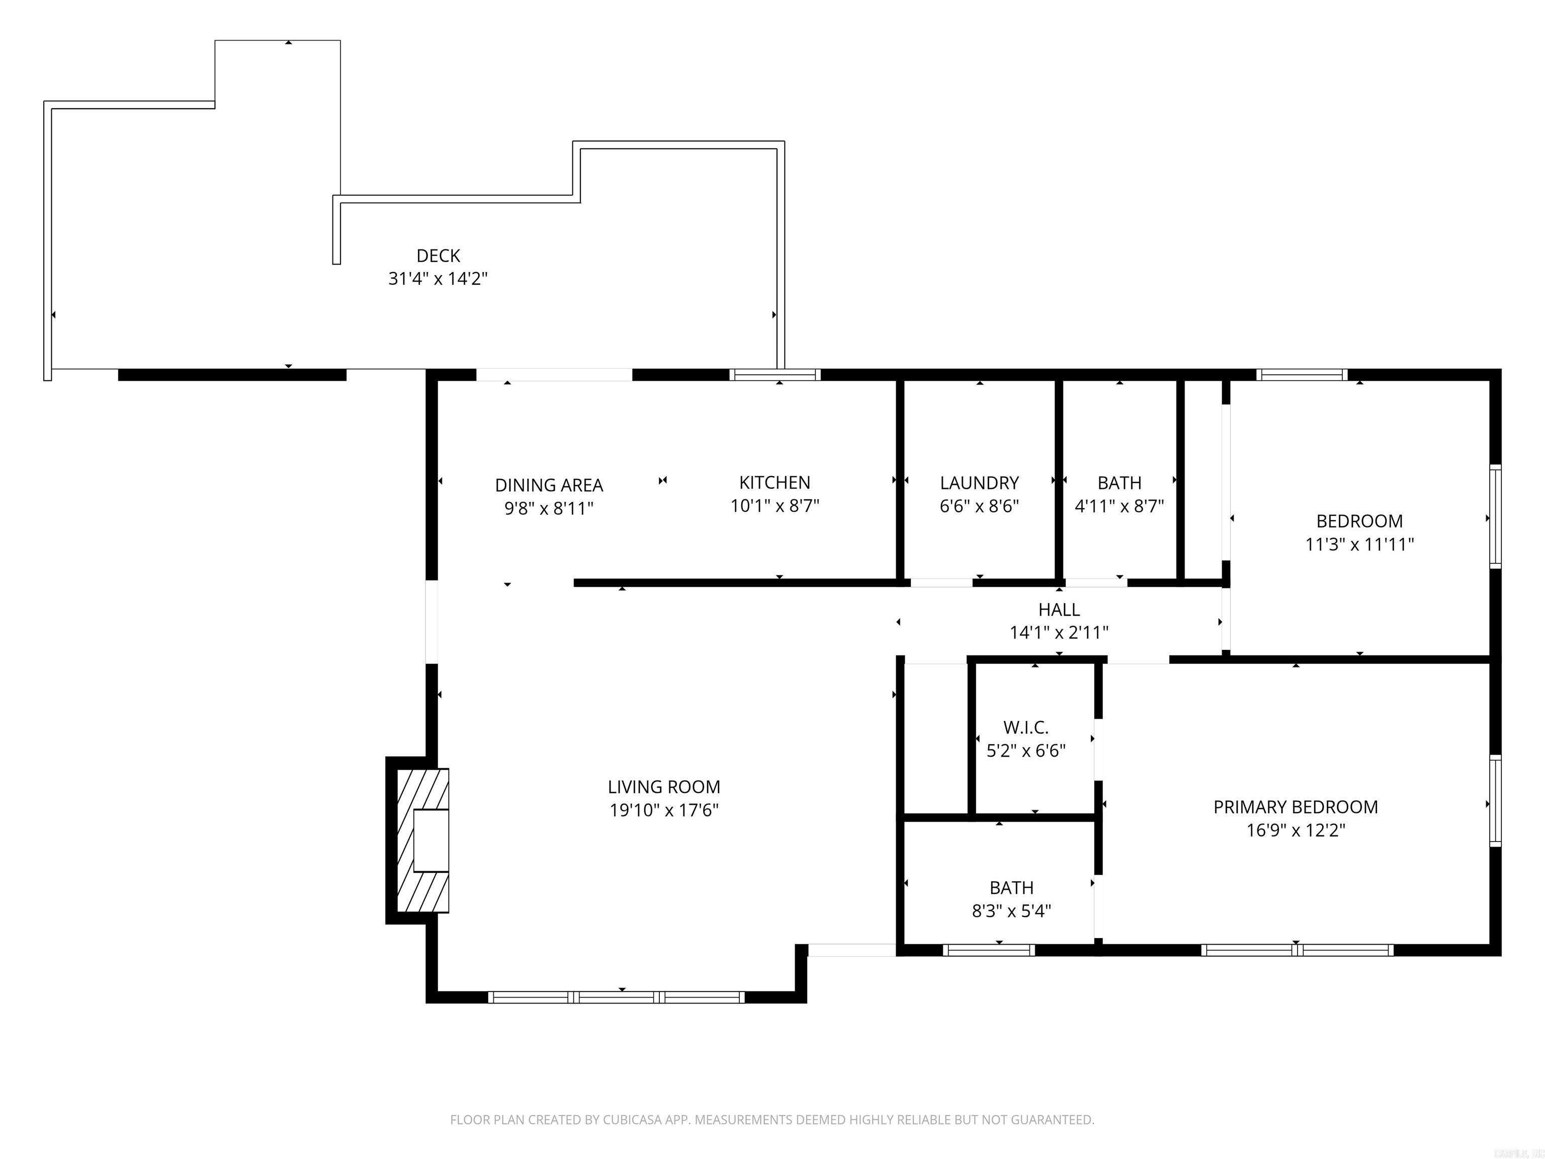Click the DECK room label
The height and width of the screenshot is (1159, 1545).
438,256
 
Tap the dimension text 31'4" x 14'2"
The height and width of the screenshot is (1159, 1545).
438,279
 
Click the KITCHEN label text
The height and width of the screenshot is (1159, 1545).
775,482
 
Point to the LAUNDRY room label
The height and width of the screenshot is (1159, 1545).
979,483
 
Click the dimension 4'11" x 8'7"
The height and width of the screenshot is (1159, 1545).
1119,506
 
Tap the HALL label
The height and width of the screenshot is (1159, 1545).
1059,609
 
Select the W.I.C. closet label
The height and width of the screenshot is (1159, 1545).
1025,727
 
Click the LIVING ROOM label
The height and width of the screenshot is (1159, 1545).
663,787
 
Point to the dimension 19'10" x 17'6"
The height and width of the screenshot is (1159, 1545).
663,810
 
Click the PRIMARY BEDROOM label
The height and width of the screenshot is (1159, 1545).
1295,807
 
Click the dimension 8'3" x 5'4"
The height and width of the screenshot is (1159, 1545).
1011,911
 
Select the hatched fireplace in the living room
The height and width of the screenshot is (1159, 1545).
422,841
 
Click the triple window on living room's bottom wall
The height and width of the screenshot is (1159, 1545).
617,997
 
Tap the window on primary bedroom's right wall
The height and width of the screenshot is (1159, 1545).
1495,801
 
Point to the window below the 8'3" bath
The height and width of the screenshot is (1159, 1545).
988,950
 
